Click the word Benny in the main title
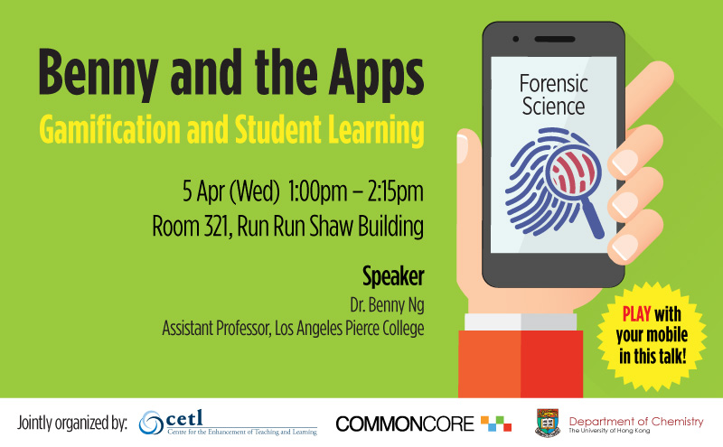[x=99, y=74]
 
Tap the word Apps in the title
[x=376, y=74]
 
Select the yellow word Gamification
[x=109, y=129]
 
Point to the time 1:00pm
[x=317, y=191]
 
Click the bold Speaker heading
[x=393, y=277]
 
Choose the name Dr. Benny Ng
[x=387, y=305]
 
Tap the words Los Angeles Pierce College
[x=350, y=329]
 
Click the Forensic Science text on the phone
[x=554, y=95]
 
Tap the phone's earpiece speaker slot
[x=555, y=39]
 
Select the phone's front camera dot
[x=516, y=39]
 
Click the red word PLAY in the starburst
[x=637, y=314]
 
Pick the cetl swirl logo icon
[x=151, y=423]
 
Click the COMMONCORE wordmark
[x=404, y=424]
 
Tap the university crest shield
[x=548, y=422]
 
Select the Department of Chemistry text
[x=636, y=421]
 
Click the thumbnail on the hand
[x=462, y=146]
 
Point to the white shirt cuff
[x=521, y=322]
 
